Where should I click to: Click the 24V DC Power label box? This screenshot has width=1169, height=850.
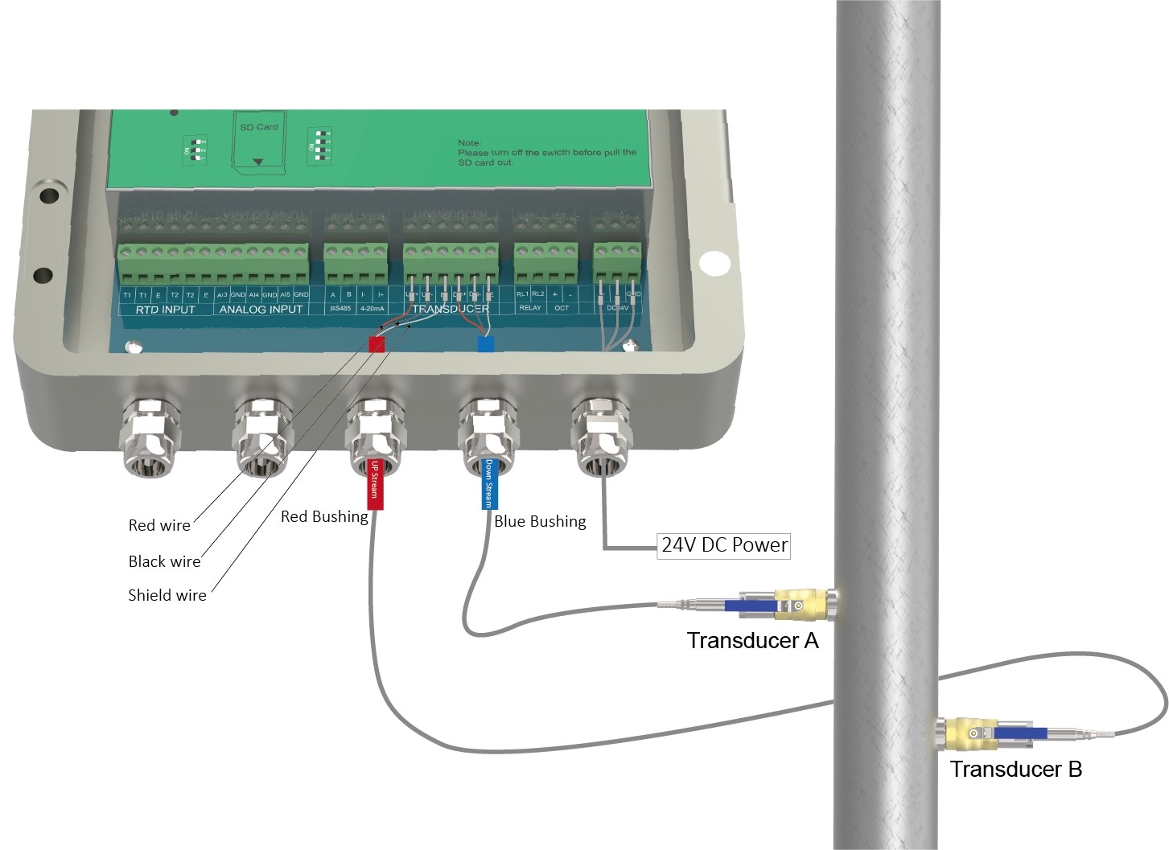(723, 545)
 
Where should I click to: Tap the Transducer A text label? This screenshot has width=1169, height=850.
(752, 640)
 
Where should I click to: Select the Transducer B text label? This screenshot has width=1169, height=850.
(1015, 769)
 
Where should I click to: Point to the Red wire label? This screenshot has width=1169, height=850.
(159, 525)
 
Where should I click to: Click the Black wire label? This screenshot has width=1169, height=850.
(164, 561)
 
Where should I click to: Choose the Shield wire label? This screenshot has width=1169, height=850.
(167, 595)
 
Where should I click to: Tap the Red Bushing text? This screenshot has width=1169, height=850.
(324, 516)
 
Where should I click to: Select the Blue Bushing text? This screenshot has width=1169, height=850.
(540, 521)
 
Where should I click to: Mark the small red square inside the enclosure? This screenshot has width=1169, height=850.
(376, 343)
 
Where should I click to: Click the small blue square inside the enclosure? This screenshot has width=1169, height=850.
(486, 344)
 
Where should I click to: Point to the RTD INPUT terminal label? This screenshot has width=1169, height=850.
(165, 310)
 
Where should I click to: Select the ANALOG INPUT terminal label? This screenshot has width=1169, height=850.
(261, 310)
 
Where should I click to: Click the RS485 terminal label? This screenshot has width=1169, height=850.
(340, 308)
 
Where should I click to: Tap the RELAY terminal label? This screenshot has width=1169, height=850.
(530, 308)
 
